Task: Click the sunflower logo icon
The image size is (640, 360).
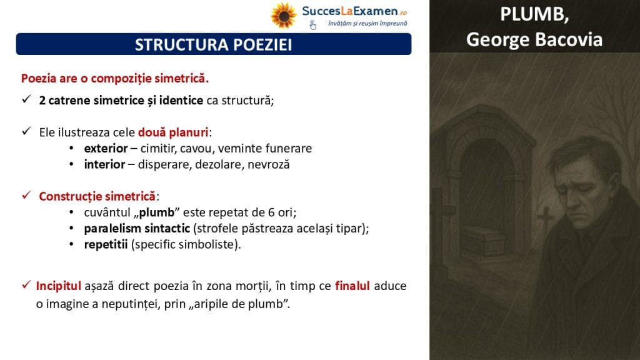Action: pos(283,16)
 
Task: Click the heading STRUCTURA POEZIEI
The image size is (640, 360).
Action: pos(214,44)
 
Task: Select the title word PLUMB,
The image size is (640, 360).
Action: pos(534,15)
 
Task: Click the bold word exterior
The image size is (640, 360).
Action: pos(106,148)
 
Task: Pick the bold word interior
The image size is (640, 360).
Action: pos(104,164)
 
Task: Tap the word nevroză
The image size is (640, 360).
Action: pos(269,164)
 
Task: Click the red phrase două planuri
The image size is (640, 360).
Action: pos(173,132)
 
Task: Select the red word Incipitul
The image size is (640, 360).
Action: pos(58,286)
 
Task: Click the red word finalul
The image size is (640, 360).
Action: pos(352,286)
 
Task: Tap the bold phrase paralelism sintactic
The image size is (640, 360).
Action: pos(137,228)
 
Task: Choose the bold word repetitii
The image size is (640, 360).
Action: pos(106,244)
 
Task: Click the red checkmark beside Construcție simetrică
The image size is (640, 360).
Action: pos(26,195)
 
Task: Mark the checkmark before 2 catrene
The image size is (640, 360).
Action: pos(26,99)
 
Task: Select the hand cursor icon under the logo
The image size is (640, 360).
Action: pos(312,25)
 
